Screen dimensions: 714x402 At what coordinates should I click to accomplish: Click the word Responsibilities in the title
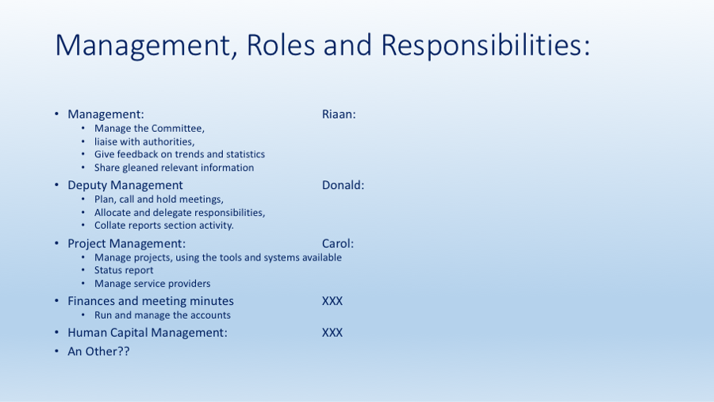[x=485, y=45]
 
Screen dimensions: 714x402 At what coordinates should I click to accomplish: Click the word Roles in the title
[x=281, y=44]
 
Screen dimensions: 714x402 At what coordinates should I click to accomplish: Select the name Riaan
[x=339, y=114]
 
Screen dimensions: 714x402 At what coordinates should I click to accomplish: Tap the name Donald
[x=343, y=185]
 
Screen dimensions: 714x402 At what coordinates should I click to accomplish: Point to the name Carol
[x=338, y=243]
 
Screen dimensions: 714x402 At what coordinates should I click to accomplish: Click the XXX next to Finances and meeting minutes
[x=332, y=301]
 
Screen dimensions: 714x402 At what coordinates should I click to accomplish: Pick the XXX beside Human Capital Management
[x=332, y=333]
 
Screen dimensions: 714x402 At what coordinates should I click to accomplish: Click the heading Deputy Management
[x=125, y=185]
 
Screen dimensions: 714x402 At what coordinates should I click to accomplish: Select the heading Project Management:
[x=127, y=244]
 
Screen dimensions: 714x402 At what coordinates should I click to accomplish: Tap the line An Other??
[x=99, y=351]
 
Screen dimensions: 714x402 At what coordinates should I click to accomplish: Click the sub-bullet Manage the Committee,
[x=149, y=129]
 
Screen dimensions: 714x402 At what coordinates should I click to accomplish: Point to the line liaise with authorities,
[x=144, y=141]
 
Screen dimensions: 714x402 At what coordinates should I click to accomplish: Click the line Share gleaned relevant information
[x=174, y=168]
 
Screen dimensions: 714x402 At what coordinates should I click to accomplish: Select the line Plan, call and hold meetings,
[x=159, y=199]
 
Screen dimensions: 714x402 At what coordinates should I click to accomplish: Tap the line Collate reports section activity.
[x=164, y=225]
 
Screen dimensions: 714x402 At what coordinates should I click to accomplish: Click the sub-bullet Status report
[x=124, y=270]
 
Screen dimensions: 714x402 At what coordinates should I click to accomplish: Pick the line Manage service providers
[x=152, y=284]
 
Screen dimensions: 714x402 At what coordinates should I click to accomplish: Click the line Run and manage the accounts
[x=162, y=315]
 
